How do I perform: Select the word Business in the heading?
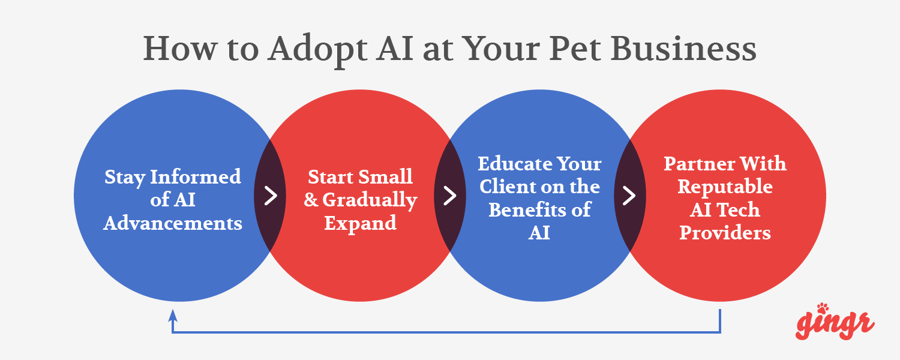[683, 48]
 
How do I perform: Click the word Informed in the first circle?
[196, 177]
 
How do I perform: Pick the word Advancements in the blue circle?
[173, 223]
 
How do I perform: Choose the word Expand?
[361, 223]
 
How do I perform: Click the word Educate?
[517, 164]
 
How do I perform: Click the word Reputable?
[725, 187]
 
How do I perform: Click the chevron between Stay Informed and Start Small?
[271, 196]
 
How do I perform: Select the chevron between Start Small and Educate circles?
[450, 196]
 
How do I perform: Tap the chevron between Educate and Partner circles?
[629, 196]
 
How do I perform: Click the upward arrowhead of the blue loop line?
[173, 316]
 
